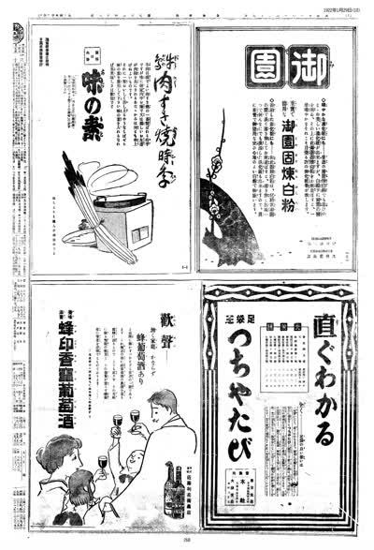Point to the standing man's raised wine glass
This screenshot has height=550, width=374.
click(x=135, y=416)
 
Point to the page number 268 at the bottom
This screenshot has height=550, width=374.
click(x=186, y=539)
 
